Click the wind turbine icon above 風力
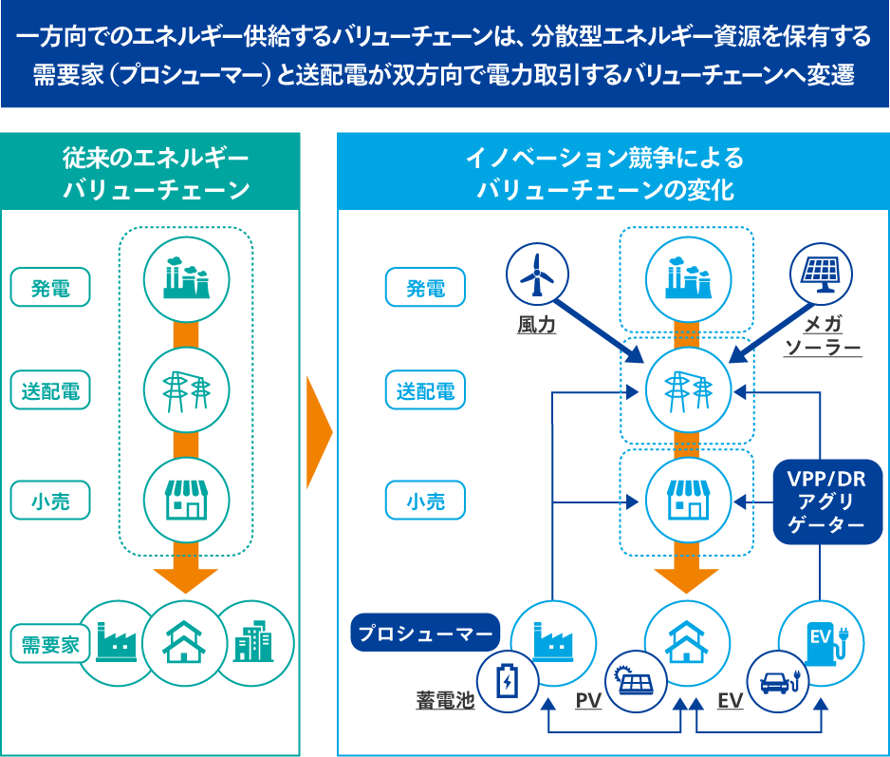pyautogui.click(x=537, y=274)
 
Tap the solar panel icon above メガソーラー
pyautogui.click(x=823, y=274)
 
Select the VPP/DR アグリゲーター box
pyautogui.click(x=820, y=502)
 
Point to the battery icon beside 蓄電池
pyautogui.click(x=508, y=681)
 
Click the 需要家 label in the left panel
pyautogui.click(x=52, y=644)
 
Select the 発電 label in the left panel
pyautogui.click(x=51, y=287)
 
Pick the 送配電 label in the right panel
pyautogui.click(x=426, y=389)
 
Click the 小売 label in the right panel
pyautogui.click(x=426, y=501)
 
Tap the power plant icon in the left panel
pyautogui.click(x=186, y=275)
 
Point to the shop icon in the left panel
pyautogui.click(x=186, y=499)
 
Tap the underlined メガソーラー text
pyautogui.click(x=823, y=336)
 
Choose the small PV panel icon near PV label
pyautogui.click(x=637, y=681)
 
